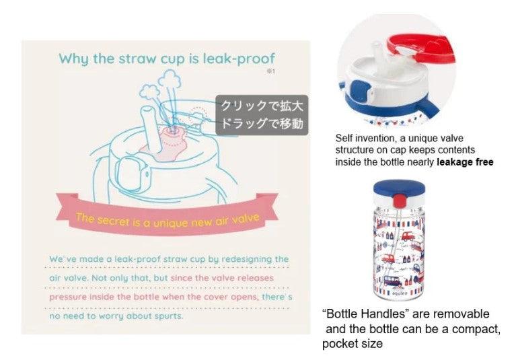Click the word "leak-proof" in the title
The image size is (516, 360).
239,59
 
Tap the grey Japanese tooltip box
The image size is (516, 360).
262,115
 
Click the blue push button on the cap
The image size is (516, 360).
359,90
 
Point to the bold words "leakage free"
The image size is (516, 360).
465,162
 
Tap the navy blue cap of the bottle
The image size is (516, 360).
399,188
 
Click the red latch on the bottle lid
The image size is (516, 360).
399,201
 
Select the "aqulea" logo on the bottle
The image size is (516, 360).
400,293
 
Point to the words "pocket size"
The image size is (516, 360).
353,344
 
